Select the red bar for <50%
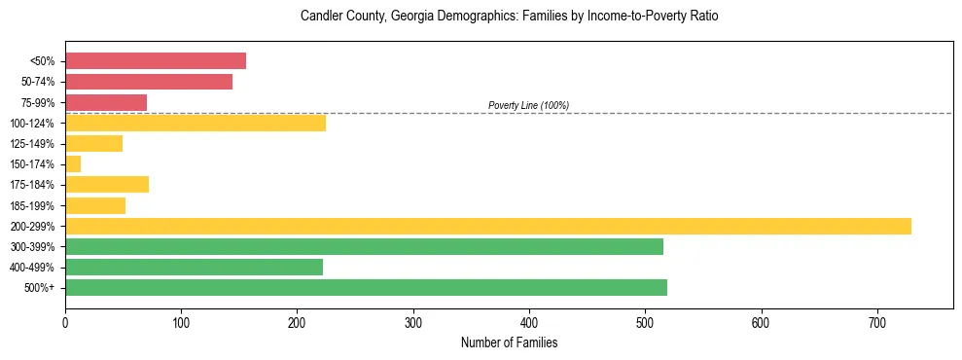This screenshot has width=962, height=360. pos(156,61)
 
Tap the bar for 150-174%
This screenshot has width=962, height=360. pos(73,164)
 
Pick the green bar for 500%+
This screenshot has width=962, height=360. pos(366,287)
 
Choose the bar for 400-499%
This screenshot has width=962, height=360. pos(194,267)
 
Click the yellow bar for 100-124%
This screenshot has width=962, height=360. pos(196,123)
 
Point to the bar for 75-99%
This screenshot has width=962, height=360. pos(106,102)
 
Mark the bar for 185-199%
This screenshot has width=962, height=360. pos(95,205)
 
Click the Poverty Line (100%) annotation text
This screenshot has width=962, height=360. pos(528,105)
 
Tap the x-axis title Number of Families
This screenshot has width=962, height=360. pos(509,342)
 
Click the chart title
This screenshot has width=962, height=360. pos(509,17)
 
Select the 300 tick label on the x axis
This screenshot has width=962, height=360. pos(413,322)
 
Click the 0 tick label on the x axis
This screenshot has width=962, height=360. pos(65,322)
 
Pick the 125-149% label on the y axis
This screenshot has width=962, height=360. pos(32,144)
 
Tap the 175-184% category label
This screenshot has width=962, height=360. pos(32,185)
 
